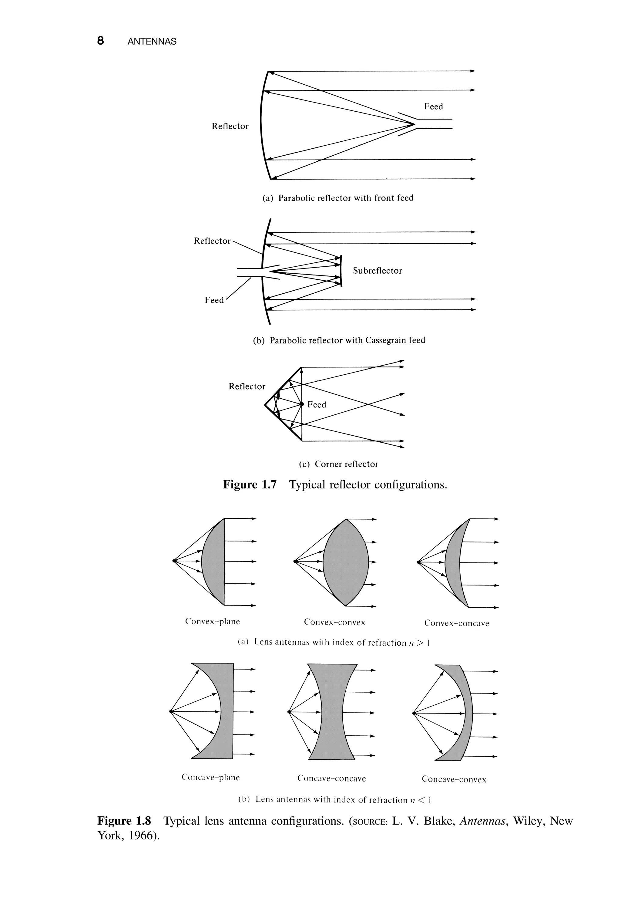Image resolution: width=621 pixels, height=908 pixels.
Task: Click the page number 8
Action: tap(101, 41)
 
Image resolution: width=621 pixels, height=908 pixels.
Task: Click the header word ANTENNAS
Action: tap(152, 42)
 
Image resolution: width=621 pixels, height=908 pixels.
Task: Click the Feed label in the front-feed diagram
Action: tap(433, 107)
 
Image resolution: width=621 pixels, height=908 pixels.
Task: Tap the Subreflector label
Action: tap(377, 271)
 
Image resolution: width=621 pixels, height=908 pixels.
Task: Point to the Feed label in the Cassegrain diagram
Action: tap(214, 300)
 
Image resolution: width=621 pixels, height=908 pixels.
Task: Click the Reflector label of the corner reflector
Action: tap(247, 386)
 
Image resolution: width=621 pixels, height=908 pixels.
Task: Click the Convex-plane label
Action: tap(213, 622)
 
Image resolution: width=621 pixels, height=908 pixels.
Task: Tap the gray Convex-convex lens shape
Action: tap(346, 563)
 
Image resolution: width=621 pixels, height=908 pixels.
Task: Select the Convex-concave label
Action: tap(457, 623)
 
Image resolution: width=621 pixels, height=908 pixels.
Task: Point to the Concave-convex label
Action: tap(454, 779)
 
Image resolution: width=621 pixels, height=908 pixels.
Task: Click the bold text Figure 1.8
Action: tap(124, 821)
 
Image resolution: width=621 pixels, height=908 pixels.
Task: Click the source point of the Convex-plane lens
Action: tap(174, 562)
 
